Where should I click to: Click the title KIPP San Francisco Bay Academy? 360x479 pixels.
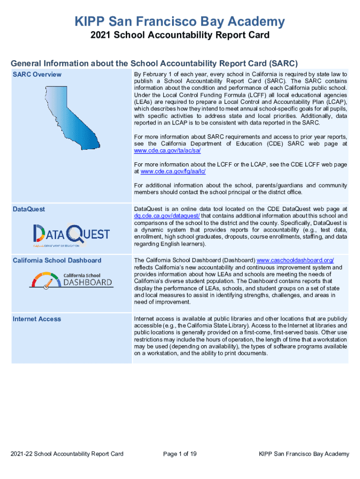coord(180,22)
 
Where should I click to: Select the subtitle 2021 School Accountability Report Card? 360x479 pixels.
coord(180,36)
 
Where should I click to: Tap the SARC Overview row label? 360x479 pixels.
coord(37,74)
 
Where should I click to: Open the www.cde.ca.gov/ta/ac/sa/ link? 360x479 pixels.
coord(170,151)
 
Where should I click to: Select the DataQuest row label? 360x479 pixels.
coord(29,209)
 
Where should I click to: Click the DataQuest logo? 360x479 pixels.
coord(71,234)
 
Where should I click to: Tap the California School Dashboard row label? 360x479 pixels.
coord(57,260)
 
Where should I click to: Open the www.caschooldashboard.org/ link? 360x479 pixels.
coord(295,260)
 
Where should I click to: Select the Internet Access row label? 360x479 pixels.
coord(37,319)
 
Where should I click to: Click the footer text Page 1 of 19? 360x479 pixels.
coord(180,454)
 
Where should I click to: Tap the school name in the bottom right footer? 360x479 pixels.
coord(304,454)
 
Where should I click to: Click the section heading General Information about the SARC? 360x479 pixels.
coord(154,63)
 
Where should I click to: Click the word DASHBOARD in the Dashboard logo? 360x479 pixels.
coord(88,282)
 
